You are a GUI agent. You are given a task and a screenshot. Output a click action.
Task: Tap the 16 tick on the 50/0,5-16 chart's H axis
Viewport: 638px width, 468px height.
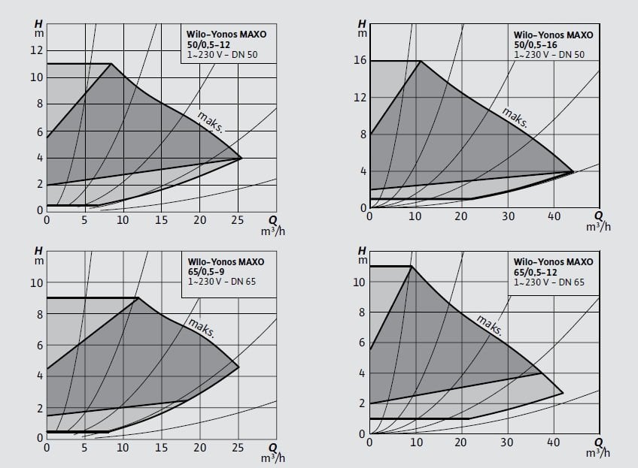359,61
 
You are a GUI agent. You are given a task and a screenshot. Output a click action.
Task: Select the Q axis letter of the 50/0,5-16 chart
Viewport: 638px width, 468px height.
599,214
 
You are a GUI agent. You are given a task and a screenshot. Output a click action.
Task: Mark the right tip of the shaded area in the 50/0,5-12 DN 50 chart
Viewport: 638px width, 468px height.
242,158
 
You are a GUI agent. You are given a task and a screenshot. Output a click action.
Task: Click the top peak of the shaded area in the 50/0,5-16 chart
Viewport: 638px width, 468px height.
420,61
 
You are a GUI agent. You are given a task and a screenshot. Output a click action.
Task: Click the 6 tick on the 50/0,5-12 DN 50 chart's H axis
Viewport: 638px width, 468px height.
41,131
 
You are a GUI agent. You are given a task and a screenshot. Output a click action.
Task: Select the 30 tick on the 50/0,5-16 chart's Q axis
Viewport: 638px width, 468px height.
508,217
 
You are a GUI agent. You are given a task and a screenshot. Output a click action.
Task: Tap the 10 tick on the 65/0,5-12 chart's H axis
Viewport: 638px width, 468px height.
359,282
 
